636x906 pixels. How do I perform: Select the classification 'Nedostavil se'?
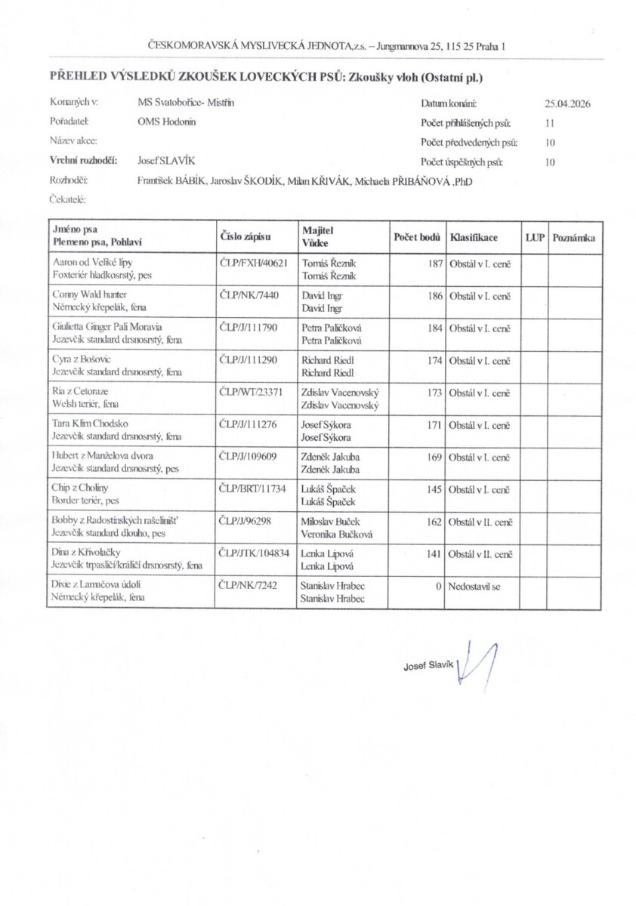[474, 585]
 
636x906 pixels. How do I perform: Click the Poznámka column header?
[574, 236]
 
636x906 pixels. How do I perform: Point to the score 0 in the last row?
[438, 585]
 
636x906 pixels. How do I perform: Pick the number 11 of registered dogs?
[550, 122]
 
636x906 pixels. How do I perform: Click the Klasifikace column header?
[474, 236]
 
